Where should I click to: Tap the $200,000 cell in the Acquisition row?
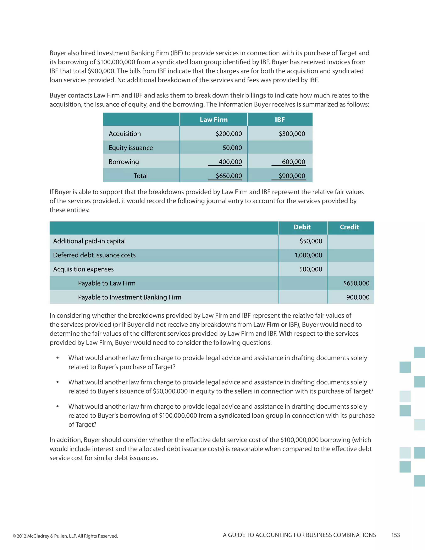point(229,134)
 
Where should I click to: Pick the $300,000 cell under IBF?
point(292,134)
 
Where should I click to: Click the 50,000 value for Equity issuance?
point(232,148)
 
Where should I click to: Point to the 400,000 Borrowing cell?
point(230,162)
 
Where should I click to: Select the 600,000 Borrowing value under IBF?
point(293,162)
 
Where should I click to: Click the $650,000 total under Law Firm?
point(229,176)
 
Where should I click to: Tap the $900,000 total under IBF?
point(292,176)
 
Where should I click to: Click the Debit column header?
point(302,227)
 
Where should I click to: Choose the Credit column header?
point(349,227)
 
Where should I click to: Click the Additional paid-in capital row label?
point(89,241)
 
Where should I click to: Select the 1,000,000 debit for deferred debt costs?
point(308,255)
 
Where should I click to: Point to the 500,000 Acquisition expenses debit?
point(310,269)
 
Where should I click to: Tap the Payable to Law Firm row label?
point(107,283)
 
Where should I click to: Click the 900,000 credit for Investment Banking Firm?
point(358,297)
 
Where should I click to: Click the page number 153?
point(395,535)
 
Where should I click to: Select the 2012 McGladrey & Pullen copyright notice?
point(65,536)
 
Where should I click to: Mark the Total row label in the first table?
point(140,176)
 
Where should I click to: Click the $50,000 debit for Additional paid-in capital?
point(311,241)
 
